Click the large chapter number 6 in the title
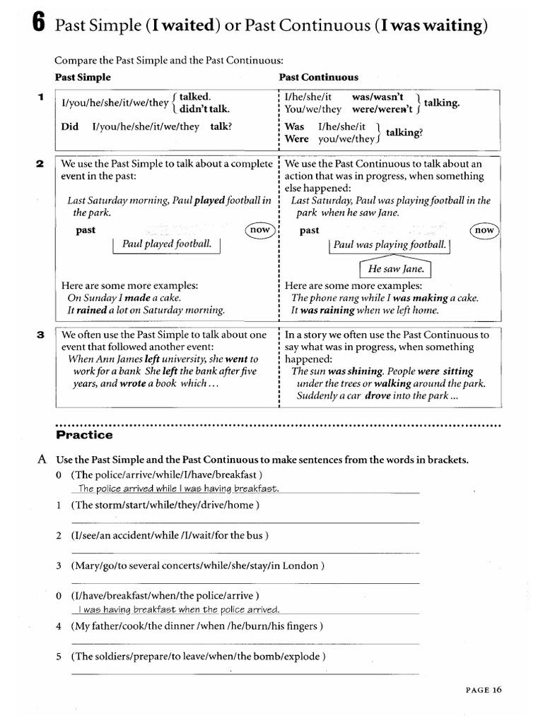[40, 26]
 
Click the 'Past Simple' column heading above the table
[83, 77]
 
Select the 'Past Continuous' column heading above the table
[318, 77]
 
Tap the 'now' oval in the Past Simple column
[259, 230]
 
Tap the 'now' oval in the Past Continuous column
[484, 230]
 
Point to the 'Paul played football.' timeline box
[167, 244]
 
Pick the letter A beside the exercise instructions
[42, 460]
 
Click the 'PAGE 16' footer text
[483, 691]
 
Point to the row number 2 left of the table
[40, 164]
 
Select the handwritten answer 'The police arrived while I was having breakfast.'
[179, 489]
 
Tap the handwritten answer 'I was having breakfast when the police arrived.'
[180, 609]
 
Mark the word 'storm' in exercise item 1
[107, 505]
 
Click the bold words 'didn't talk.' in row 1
[204, 109]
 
